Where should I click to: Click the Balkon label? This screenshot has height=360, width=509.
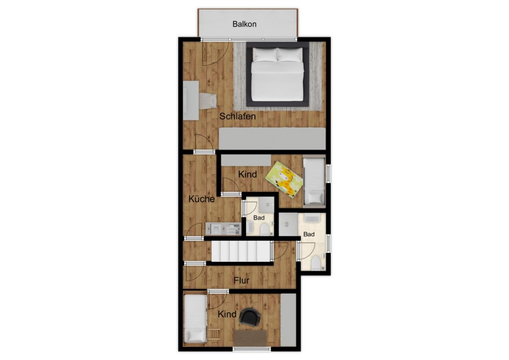(x=244, y=24)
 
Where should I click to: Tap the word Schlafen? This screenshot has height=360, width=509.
(x=238, y=116)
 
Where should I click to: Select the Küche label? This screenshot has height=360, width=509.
(x=201, y=199)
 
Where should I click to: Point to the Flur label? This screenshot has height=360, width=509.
(x=241, y=281)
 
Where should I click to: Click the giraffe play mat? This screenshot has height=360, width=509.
(x=285, y=180)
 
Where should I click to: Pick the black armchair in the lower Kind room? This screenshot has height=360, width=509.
(x=250, y=317)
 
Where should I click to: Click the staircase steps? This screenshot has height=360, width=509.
(x=241, y=251)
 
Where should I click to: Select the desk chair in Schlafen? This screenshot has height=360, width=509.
(x=208, y=101)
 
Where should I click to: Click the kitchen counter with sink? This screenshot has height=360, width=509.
(x=223, y=229)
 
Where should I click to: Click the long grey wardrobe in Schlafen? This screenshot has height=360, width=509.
(x=272, y=138)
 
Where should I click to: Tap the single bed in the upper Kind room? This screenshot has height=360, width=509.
(x=314, y=181)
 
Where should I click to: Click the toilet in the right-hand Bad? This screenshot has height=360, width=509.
(x=316, y=263)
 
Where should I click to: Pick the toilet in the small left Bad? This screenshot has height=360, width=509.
(x=265, y=229)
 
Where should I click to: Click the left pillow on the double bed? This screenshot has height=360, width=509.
(x=265, y=55)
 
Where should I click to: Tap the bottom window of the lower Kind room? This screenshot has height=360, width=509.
(x=252, y=349)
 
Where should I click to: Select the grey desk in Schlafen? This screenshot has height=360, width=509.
(x=191, y=100)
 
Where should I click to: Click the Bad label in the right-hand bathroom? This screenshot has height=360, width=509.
(x=309, y=234)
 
